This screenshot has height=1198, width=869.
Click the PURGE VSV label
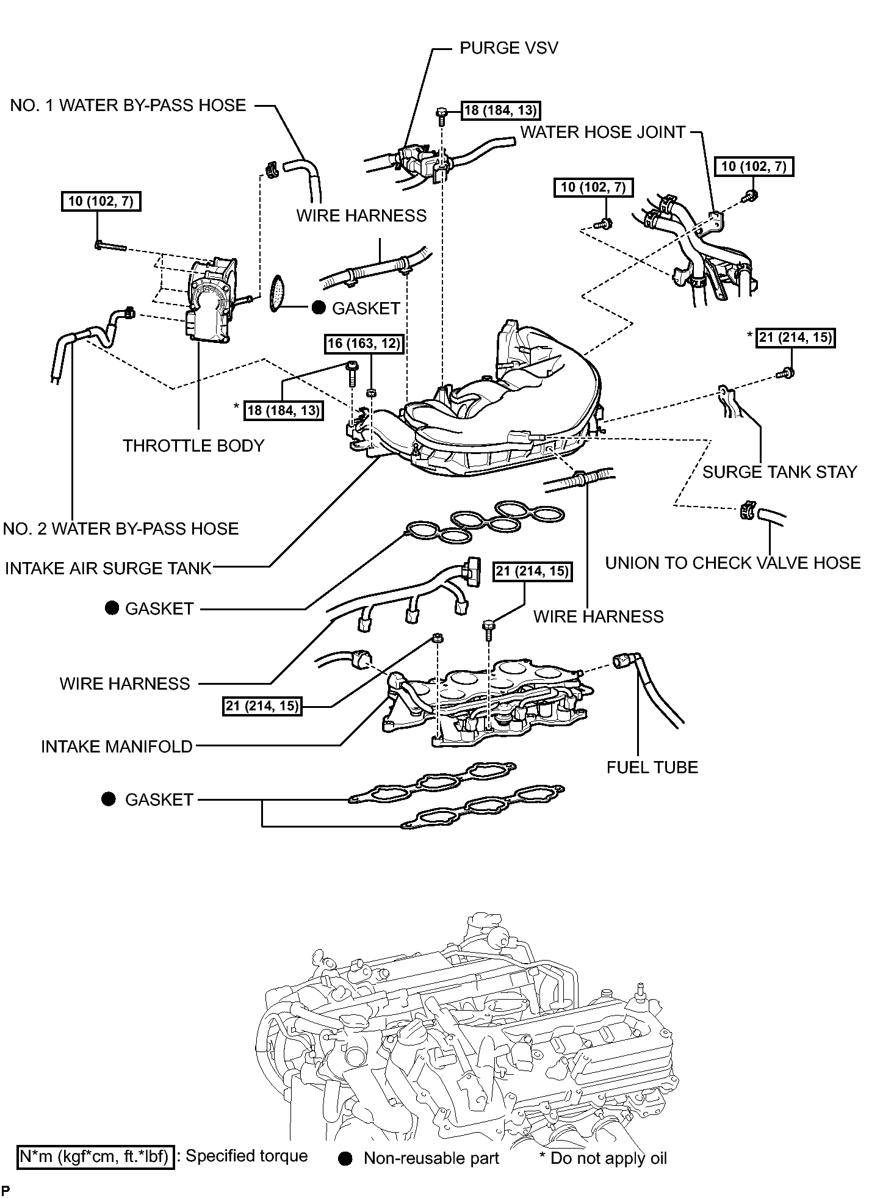[508, 48]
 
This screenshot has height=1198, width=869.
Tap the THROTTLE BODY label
[193, 446]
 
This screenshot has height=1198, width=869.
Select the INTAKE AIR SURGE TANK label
[108, 568]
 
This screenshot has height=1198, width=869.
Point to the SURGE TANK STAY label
[780, 472]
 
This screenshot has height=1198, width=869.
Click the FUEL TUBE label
[652, 767]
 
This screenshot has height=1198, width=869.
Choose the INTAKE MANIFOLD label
[117, 746]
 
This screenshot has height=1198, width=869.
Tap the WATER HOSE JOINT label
[603, 132]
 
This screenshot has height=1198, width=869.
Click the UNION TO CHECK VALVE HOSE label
[733, 563]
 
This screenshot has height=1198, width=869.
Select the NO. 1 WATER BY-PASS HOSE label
[128, 105]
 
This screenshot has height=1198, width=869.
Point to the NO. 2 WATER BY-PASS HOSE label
[121, 529]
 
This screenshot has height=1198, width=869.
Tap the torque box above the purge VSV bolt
[500, 110]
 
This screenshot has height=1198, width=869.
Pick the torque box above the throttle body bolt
[101, 201]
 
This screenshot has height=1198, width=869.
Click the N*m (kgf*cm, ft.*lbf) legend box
[96, 1157]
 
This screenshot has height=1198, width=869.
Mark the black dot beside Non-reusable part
[346, 1158]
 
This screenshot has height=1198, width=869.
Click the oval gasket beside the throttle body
[279, 293]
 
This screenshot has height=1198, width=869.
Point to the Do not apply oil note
[604, 1158]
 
